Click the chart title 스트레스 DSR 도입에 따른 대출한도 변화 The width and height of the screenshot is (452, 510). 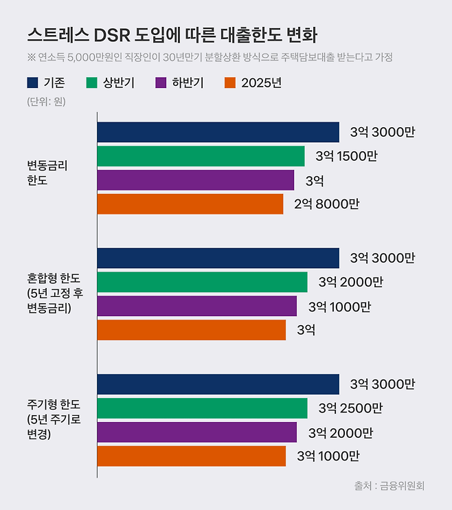click(x=172, y=35)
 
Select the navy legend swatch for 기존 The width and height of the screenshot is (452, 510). click(x=33, y=83)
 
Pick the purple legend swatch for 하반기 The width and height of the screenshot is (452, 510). click(x=162, y=83)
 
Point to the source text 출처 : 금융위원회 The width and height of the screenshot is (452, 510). click(x=389, y=485)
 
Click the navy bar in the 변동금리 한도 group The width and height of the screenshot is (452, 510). click(x=218, y=132)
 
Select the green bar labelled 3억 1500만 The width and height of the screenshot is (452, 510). click(x=201, y=156)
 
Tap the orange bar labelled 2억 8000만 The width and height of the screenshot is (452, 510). click(x=190, y=203)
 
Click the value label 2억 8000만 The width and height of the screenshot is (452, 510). click(x=326, y=203)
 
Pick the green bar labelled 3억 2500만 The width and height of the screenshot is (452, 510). click(x=202, y=408)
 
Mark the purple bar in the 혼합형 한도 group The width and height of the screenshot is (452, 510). click(x=196, y=306)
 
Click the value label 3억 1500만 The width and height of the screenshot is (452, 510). click(x=346, y=156)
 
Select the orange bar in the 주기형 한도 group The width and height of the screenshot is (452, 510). click(x=191, y=456)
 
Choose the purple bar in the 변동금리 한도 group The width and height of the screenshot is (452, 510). click(x=195, y=180)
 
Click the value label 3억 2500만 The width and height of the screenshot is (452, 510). click(x=350, y=408)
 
